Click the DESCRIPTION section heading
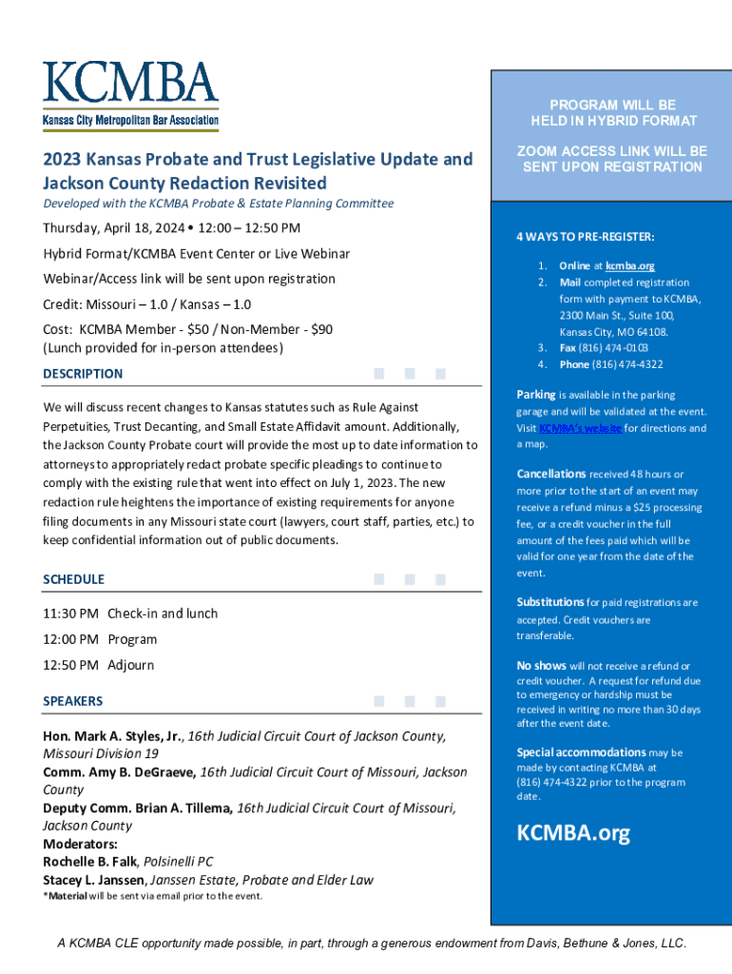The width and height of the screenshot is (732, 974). pyautogui.click(x=83, y=374)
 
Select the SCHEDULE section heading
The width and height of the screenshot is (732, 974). pyautogui.click(x=74, y=579)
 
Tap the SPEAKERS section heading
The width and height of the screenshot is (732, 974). pyautogui.click(x=73, y=701)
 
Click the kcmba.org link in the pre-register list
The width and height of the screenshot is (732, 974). pyautogui.click(x=629, y=265)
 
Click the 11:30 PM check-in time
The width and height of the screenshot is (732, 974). pyautogui.click(x=71, y=614)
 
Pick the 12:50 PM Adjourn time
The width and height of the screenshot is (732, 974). pyautogui.click(x=71, y=665)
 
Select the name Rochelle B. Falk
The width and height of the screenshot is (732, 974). pyautogui.click(x=90, y=862)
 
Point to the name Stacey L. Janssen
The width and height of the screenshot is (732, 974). pyautogui.click(x=96, y=880)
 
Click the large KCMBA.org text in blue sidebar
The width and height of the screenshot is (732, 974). pyautogui.click(x=572, y=834)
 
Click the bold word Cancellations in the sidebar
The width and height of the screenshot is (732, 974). pyautogui.click(x=551, y=474)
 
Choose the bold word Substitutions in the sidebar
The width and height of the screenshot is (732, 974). pyautogui.click(x=550, y=602)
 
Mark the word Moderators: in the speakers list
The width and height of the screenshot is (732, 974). pyautogui.click(x=81, y=844)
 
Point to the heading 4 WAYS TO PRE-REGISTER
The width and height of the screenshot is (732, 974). pyautogui.click(x=586, y=237)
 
